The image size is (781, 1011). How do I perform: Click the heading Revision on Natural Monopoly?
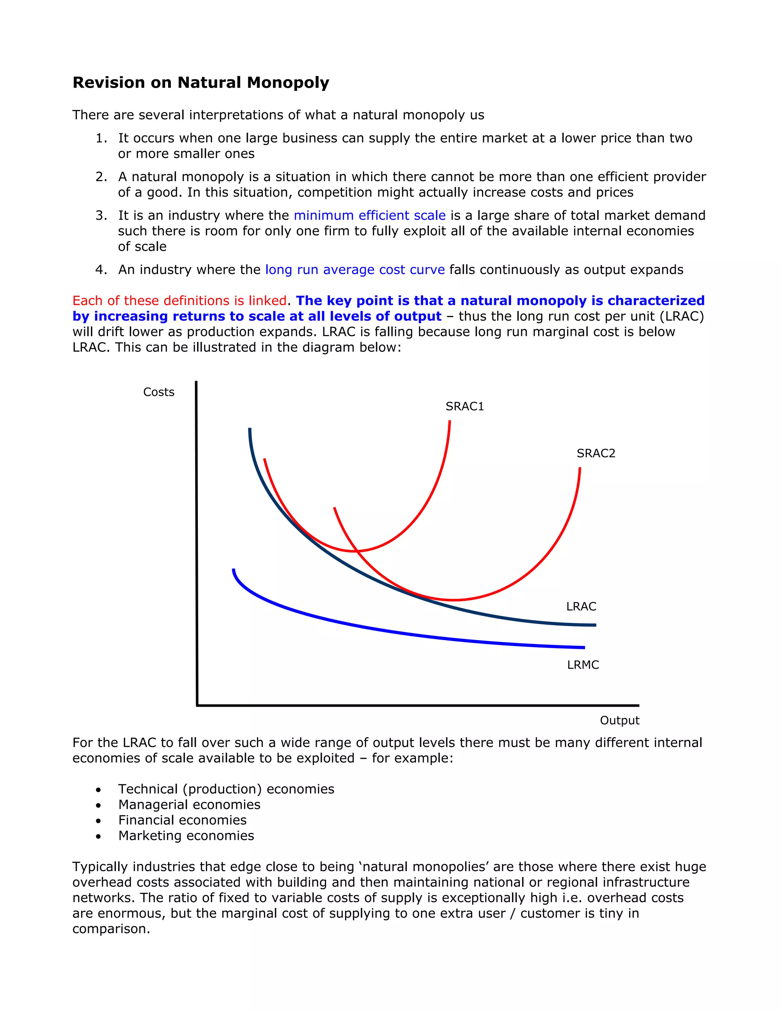coord(201,82)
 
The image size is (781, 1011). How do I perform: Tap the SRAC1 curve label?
coord(464,406)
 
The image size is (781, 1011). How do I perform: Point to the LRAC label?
coord(581,607)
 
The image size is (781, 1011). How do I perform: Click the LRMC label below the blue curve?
coord(583,665)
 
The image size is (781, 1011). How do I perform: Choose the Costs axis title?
coord(159,392)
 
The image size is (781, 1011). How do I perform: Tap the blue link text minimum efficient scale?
coord(369,215)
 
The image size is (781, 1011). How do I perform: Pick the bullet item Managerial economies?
coord(189,805)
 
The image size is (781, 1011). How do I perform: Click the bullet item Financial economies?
coord(182,820)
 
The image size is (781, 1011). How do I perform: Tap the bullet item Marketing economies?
coord(186,836)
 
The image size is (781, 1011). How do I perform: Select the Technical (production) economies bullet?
coord(226,789)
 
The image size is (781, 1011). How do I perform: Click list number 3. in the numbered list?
coord(101,215)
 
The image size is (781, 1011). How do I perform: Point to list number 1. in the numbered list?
coord(101,138)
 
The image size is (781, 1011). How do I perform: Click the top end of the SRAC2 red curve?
coord(580,468)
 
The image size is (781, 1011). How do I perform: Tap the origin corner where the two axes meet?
coord(197,705)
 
